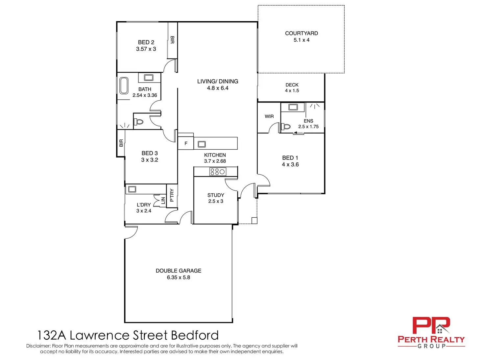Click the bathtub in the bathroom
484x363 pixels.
coord(124,85)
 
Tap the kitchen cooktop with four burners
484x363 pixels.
coord(218,172)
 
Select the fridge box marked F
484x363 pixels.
coord(186,144)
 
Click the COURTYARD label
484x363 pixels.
coord(301,33)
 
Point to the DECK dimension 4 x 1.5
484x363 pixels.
coord(292,91)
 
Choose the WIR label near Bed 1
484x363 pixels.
coord(269,116)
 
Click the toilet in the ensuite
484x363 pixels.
coord(286,127)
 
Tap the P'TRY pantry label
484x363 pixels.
coord(172,195)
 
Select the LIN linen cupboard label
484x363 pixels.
coord(163,200)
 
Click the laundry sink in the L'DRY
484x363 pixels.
coord(132,189)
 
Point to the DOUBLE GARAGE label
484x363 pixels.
coord(178,271)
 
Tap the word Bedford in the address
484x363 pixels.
coord(195,335)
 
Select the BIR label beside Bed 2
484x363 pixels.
coord(172,40)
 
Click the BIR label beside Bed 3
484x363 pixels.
coord(121,143)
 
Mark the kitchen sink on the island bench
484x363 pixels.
coord(202,144)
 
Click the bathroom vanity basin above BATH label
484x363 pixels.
coord(149,78)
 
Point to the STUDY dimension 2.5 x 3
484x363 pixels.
coord(215,201)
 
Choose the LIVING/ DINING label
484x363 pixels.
coord(217,81)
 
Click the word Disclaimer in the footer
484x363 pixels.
coord(38,346)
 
